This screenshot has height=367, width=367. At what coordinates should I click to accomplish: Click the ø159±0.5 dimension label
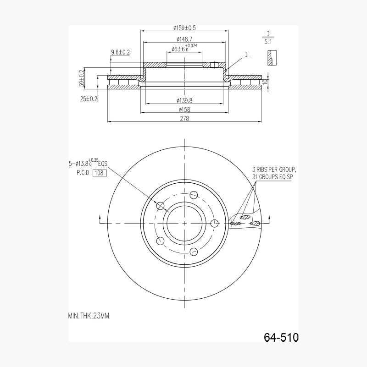coord(184,28)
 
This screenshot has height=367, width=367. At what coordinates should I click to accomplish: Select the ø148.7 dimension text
coord(184,39)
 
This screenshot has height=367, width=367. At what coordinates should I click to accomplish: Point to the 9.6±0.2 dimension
coord(120,52)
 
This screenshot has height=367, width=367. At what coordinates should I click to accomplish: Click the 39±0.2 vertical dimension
coord(82,78)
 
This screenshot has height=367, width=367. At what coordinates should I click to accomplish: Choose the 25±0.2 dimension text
coord(89,99)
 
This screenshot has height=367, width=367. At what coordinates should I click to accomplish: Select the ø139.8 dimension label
coord(184,101)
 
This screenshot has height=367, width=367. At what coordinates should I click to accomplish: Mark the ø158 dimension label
coord(184,110)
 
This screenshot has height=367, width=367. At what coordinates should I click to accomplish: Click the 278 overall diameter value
coord(184,118)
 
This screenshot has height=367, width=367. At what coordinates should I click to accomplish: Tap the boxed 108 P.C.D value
coord(100,173)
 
